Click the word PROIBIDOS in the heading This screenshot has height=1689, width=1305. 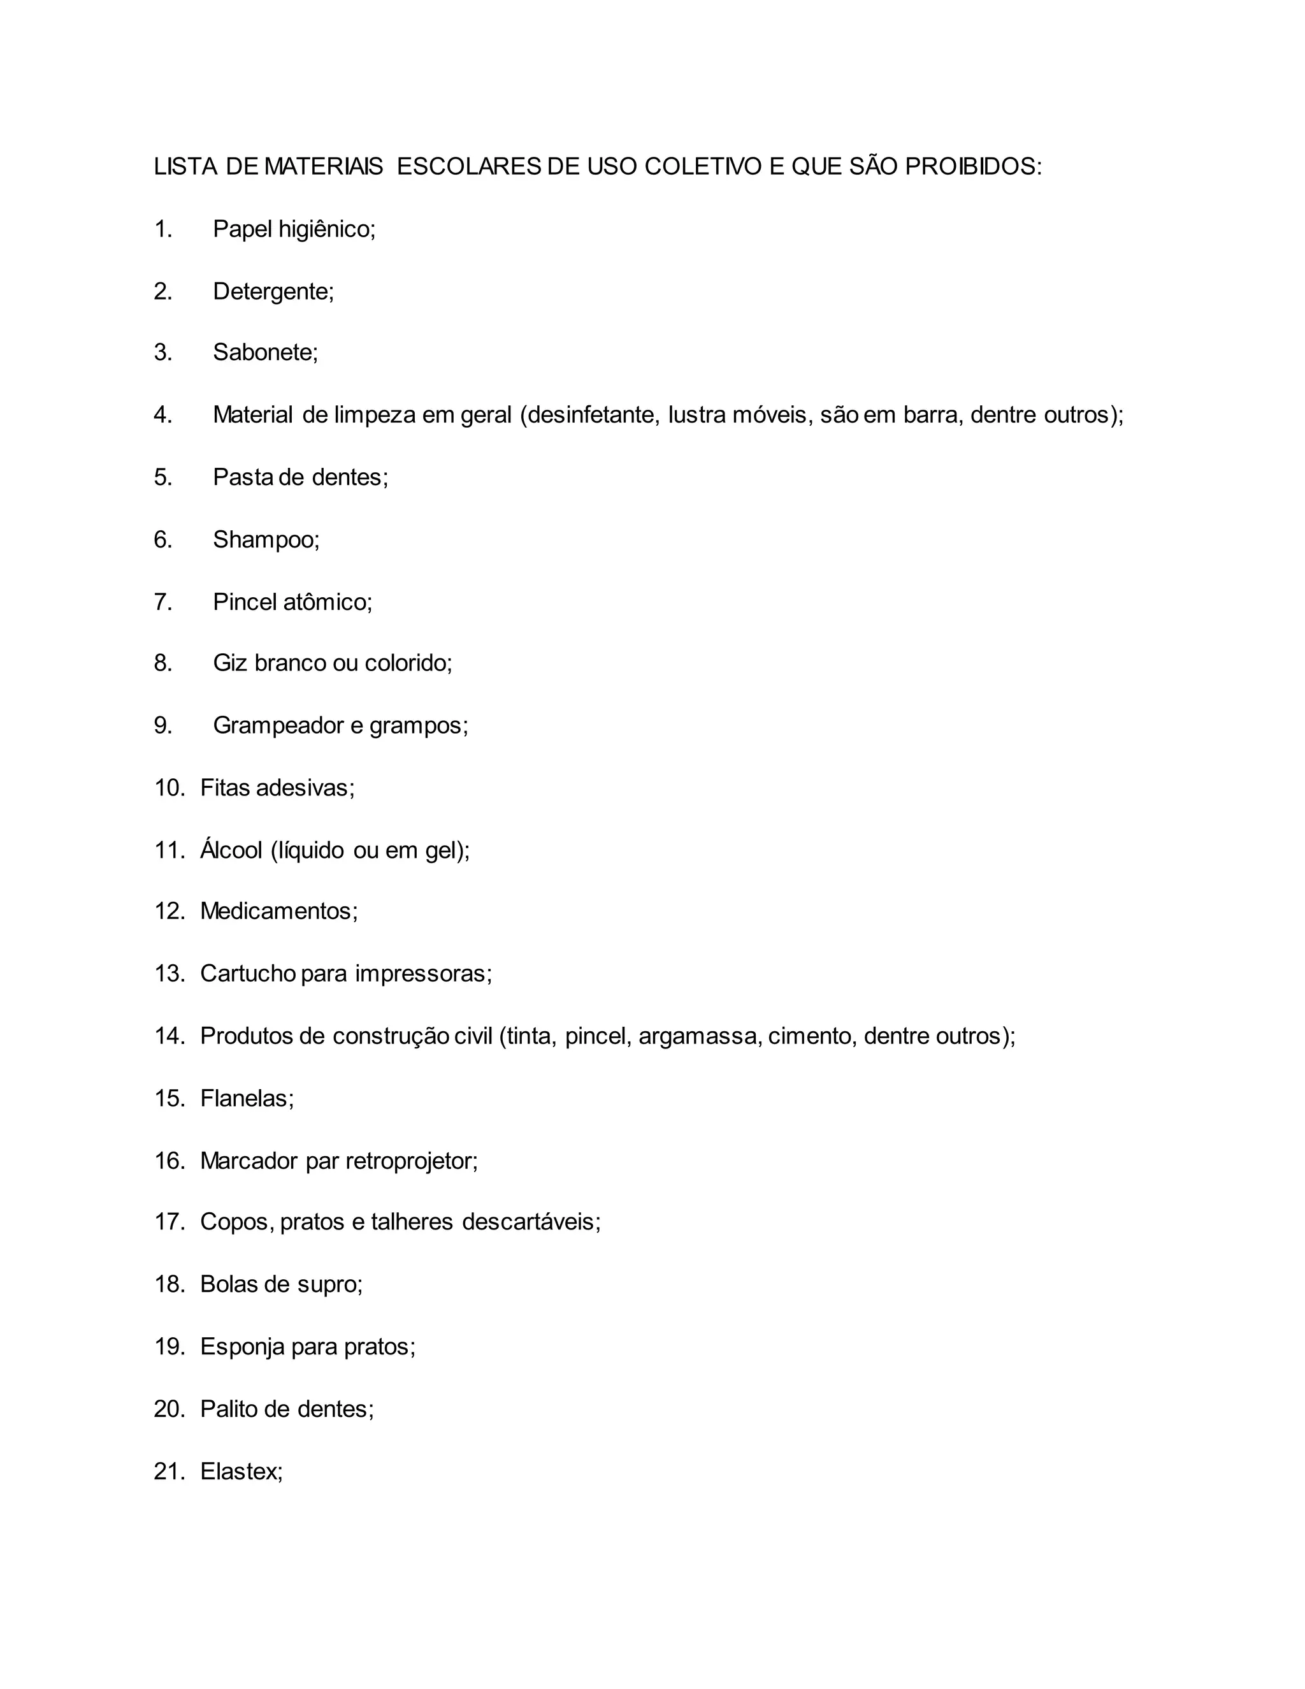(972, 166)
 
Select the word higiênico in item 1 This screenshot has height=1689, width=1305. (326, 229)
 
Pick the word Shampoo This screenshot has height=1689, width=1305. (265, 540)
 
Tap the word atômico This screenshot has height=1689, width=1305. (327, 602)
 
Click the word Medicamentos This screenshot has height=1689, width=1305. (278, 911)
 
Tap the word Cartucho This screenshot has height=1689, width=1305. (247, 973)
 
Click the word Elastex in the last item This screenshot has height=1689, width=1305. (242, 1472)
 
